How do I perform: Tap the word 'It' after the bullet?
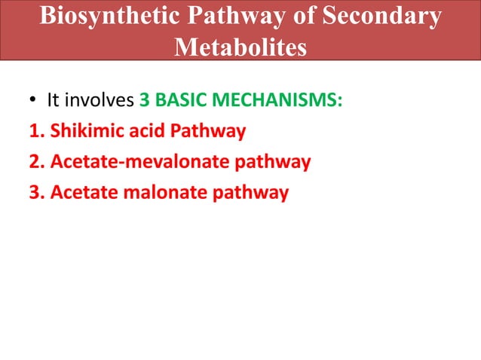53,100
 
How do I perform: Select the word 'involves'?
100,100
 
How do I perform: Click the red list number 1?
35,132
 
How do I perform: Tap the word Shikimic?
84,132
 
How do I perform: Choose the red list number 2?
35,162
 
